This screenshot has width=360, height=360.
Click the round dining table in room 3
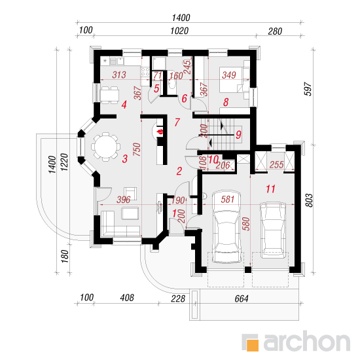106,147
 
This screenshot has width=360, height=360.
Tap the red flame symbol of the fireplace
160,132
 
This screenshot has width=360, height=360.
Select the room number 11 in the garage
270,189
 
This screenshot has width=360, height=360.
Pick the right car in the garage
272,230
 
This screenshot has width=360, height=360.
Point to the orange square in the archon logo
252,345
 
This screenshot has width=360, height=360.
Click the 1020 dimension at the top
179,31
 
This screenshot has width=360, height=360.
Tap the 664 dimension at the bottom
242,298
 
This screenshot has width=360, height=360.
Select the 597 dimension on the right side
308,89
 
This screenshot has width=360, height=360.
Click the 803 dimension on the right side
309,200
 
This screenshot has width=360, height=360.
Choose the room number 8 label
226,102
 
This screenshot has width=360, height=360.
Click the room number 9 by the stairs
238,135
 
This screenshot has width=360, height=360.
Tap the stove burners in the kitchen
145,71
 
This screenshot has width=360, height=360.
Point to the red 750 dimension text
137,149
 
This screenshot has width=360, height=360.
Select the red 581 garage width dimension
228,200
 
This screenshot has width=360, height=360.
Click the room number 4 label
124,105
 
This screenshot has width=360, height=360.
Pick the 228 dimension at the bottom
178,298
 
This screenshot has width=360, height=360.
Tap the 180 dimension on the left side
65,257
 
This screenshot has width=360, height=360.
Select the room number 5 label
156,88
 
